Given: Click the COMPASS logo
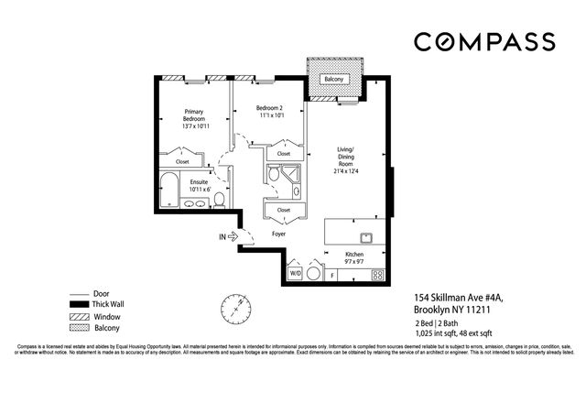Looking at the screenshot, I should [483, 41].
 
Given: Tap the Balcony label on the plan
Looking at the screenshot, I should [334, 80].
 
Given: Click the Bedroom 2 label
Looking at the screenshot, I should [269, 112].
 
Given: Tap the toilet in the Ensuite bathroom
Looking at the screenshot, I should [220, 199].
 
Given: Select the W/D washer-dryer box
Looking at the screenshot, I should [296, 273].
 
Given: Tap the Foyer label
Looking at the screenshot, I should [280, 234].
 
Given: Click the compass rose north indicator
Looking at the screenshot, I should [236, 309].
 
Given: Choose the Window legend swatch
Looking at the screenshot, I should [81, 316].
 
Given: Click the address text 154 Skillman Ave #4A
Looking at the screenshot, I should [456, 298].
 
